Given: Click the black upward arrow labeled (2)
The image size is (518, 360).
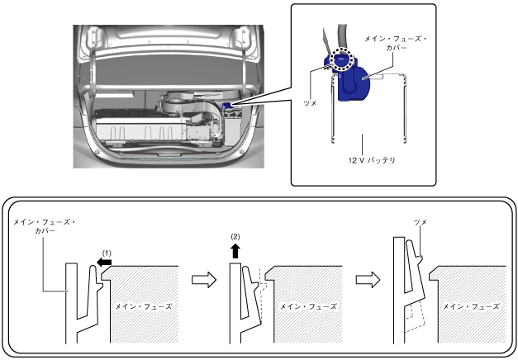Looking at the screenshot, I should tap(235, 249).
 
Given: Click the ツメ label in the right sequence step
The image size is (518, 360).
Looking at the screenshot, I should tap(420, 223).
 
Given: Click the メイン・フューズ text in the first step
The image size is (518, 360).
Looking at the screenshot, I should tap(145, 306).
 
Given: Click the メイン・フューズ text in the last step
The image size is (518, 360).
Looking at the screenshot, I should tap(472, 306).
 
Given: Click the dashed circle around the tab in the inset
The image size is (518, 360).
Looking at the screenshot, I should tap(340, 59).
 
